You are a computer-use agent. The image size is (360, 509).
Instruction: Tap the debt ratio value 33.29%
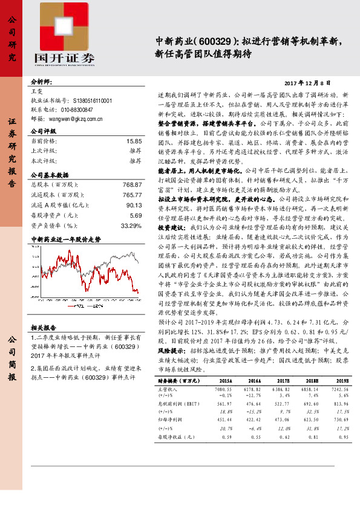pos(131,225)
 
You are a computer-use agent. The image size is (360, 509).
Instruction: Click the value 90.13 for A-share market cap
pos(134,204)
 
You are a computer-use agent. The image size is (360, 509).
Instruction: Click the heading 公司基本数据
pos(54,174)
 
